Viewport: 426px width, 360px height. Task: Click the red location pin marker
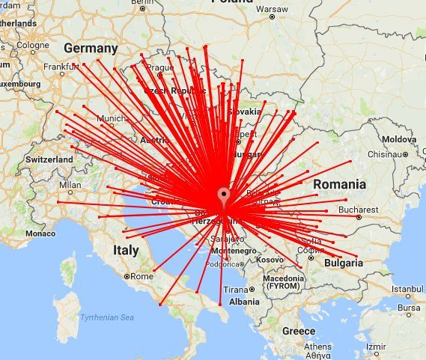(223, 198)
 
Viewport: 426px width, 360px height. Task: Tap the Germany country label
(91, 49)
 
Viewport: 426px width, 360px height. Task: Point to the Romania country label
(339, 184)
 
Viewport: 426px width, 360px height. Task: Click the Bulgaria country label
(344, 263)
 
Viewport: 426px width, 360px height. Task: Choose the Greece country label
(299, 331)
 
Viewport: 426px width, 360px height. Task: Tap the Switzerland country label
(49, 159)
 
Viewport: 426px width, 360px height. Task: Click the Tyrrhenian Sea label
(107, 317)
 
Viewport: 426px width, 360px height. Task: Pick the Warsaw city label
(272, 10)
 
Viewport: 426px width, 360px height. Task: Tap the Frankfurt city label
(61, 66)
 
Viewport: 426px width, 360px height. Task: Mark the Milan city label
(70, 184)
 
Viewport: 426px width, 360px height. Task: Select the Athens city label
(317, 347)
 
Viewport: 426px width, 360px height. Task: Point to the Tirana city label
(237, 290)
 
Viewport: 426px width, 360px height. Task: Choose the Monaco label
(40, 234)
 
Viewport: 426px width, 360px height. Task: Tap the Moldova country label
(398, 140)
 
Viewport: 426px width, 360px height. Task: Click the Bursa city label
(409, 307)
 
